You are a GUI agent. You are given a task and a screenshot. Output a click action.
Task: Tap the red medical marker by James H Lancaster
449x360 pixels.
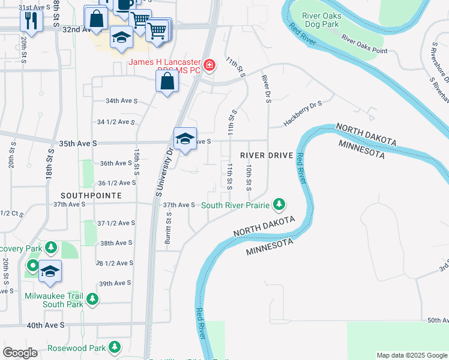tap(209, 65)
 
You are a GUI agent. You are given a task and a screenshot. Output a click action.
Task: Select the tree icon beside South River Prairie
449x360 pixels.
tap(279, 205)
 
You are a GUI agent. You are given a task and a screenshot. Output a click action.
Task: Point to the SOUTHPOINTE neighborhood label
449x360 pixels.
tap(91, 196)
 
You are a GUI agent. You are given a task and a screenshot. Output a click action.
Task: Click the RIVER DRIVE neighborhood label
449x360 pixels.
tap(267, 155)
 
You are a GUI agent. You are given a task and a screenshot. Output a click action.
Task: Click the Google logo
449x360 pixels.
tap(20, 353)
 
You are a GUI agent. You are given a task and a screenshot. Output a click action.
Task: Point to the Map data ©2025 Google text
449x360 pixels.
tap(411, 355)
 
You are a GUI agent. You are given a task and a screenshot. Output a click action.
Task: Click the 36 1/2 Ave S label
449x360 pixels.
tap(117, 182)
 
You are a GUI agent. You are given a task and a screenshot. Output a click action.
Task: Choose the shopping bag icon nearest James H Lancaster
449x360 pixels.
tap(167, 81)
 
